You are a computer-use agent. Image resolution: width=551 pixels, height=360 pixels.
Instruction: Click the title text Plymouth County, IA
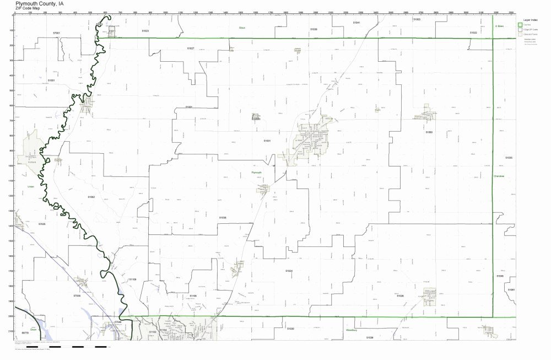coord(39,3)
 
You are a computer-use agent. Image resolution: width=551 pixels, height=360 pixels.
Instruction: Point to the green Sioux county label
coord(241,27)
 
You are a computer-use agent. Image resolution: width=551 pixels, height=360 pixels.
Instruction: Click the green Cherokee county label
coord(499,176)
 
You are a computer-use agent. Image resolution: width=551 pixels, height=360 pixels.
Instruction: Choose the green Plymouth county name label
coord(257,173)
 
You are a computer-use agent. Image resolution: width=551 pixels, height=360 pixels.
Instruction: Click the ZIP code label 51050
coord(429,132)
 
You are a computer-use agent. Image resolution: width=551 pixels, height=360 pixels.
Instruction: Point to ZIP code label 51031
coord(267,141)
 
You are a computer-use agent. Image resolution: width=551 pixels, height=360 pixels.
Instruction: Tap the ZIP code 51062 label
coord(91,196)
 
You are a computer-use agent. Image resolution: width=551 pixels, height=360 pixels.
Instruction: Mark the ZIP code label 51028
coord(400,296)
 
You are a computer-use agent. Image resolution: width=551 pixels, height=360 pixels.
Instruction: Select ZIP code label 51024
coord(289,271)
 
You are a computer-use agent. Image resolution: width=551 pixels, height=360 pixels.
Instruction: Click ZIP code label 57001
coord(56,33)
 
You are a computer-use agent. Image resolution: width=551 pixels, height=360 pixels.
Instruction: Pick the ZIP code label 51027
coord(190,49)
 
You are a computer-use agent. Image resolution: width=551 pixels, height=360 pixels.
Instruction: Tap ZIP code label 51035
coord(509,158)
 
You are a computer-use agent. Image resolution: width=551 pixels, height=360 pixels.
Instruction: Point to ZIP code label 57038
coord(77,296)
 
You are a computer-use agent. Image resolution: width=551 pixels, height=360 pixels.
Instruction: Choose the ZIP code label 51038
coord(223,218)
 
